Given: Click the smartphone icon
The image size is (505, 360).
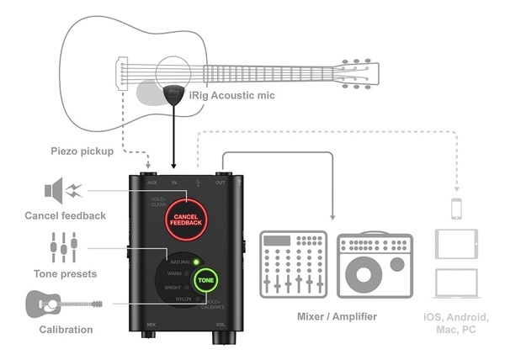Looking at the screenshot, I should coord(455,209).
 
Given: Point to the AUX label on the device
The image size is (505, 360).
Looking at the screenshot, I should coord(151,181).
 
